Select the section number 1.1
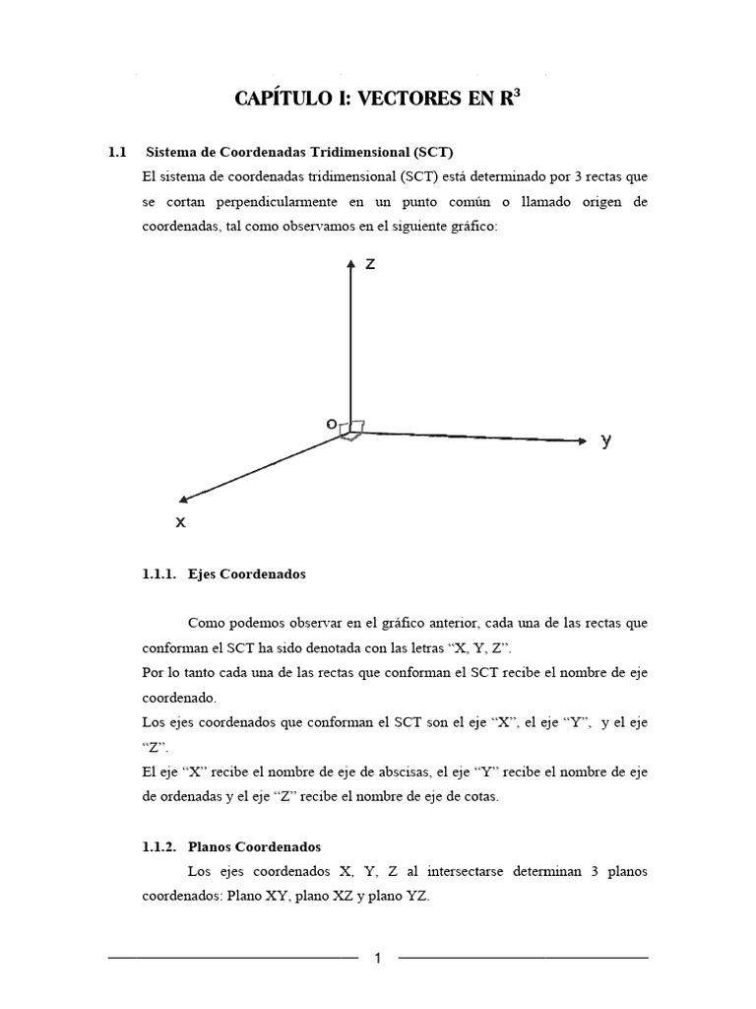118,153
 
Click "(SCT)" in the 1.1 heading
432,153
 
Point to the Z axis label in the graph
369,264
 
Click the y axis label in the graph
606,441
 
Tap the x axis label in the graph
180,522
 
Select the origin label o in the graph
332,424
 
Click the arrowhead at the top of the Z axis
350,264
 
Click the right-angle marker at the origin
354,429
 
